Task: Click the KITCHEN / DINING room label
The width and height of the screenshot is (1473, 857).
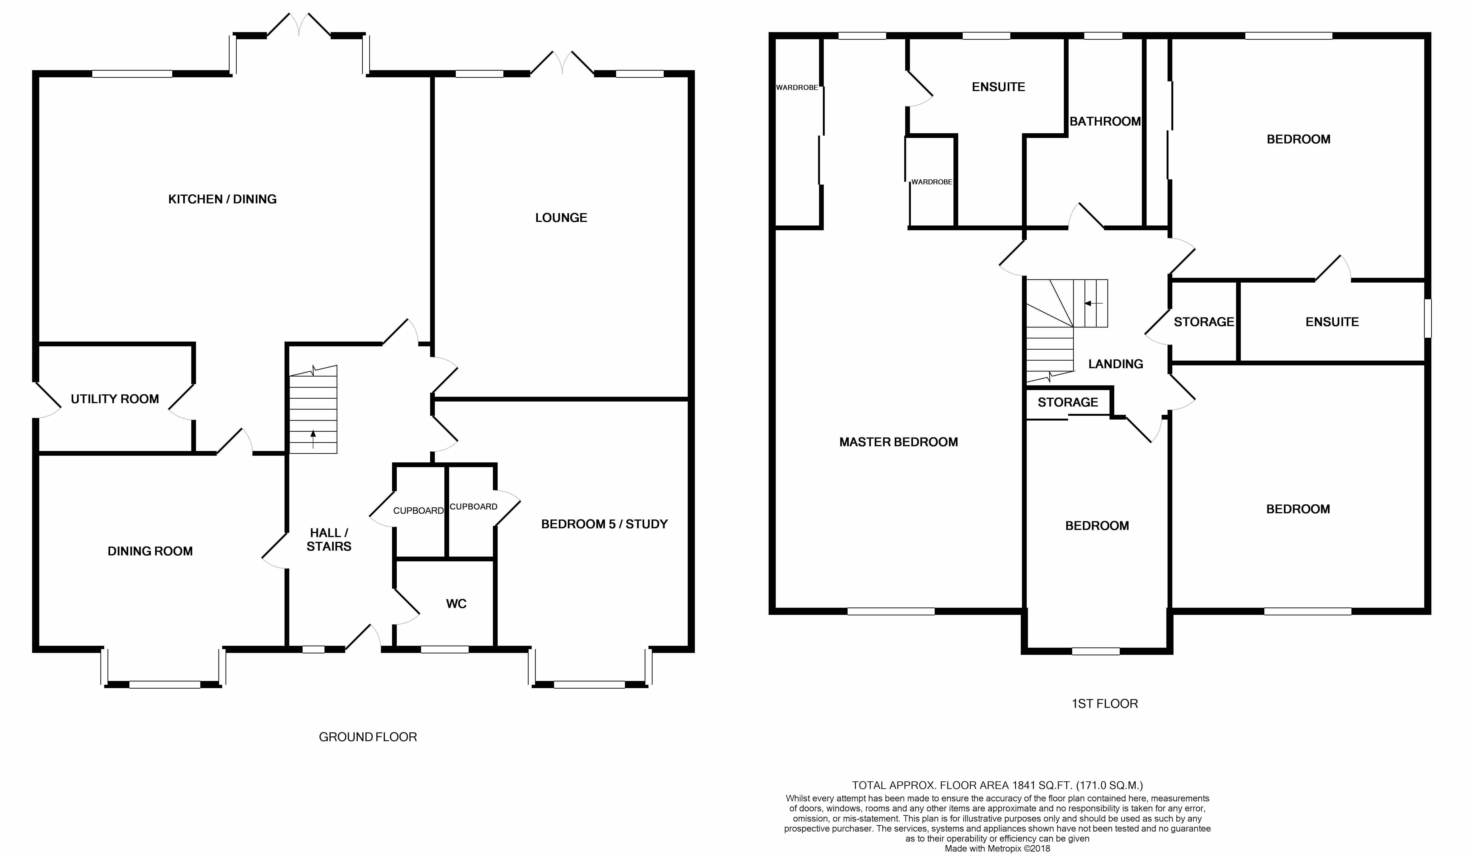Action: tap(222, 199)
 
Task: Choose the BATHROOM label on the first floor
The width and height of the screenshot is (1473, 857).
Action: tap(1105, 122)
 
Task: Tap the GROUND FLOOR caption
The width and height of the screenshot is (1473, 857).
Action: tap(368, 737)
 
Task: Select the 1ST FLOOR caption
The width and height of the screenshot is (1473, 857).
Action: tap(1105, 704)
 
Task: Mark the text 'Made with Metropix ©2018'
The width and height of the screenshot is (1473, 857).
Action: tap(997, 848)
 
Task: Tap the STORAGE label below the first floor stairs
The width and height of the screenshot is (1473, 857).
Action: tap(1068, 402)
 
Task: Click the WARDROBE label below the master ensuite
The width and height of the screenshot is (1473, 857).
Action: tap(932, 182)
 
